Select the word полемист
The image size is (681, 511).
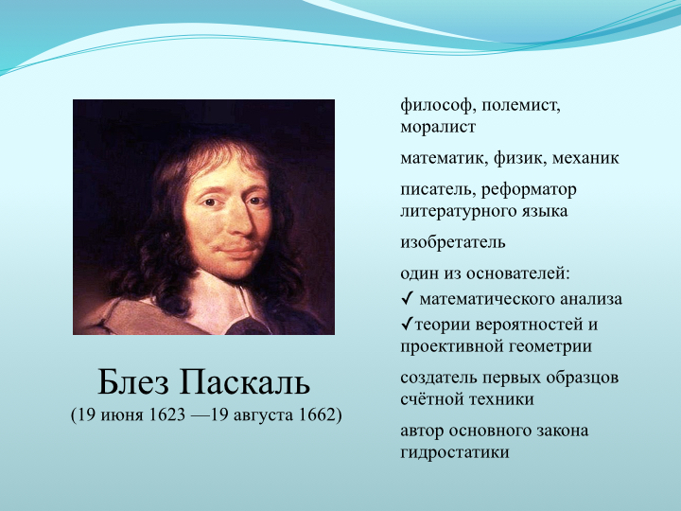520,106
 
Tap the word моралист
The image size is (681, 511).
437,128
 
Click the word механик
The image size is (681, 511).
585,158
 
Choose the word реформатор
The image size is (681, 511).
529,190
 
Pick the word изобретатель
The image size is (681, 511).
452,242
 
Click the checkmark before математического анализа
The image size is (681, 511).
407,298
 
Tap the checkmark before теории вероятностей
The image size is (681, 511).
407,325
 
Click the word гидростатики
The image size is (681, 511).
454,452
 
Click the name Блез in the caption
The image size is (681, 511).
133,382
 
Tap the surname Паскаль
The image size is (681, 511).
244,382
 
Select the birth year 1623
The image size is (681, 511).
166,415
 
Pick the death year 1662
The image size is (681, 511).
318,415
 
